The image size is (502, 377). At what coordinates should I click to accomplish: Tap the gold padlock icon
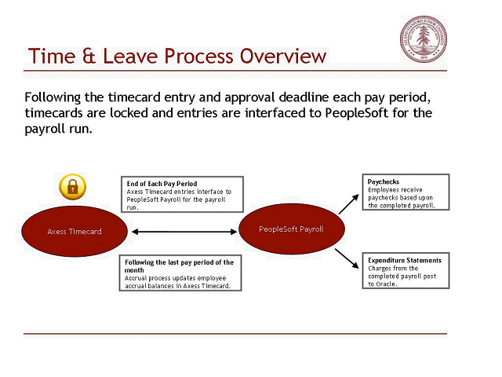[72, 187]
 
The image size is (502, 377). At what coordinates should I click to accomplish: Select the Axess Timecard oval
[75, 231]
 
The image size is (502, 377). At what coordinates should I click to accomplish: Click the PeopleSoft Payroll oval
[291, 229]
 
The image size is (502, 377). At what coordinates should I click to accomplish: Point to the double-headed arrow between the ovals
[185, 231]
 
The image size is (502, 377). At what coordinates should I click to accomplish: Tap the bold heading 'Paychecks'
[384, 181]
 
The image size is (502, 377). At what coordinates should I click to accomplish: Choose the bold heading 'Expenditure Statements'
[404, 260]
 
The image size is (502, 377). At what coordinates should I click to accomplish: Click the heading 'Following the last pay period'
[179, 262]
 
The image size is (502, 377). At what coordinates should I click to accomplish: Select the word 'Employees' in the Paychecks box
[384, 189]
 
